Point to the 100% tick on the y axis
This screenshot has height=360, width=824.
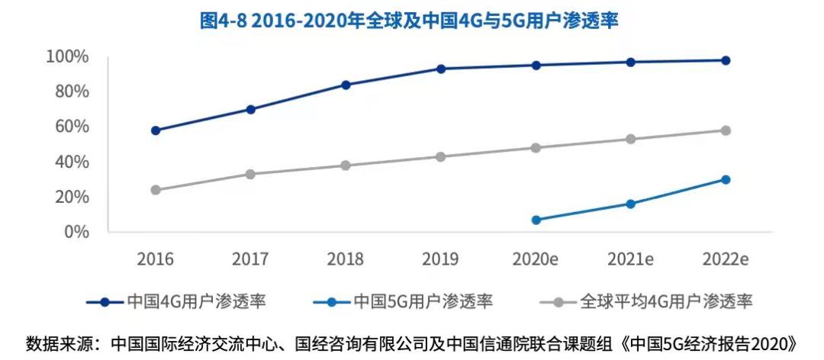click(68, 56)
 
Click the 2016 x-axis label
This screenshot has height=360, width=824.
click(156, 259)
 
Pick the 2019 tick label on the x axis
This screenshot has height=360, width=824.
click(440, 259)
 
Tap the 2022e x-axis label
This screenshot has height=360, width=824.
click(726, 259)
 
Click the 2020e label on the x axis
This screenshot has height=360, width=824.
click(536, 259)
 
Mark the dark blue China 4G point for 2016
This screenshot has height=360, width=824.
click(156, 130)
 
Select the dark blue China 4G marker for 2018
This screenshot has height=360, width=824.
click(346, 85)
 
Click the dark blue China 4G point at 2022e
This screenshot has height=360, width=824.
click(726, 60)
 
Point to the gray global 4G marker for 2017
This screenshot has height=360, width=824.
click(250, 174)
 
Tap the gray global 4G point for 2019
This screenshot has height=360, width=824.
click(440, 156)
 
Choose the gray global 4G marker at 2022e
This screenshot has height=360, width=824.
click(726, 130)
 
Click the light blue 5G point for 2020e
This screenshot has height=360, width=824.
click(536, 220)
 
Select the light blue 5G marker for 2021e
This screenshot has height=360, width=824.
click(630, 204)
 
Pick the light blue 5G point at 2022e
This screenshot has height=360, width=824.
click(726, 179)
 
